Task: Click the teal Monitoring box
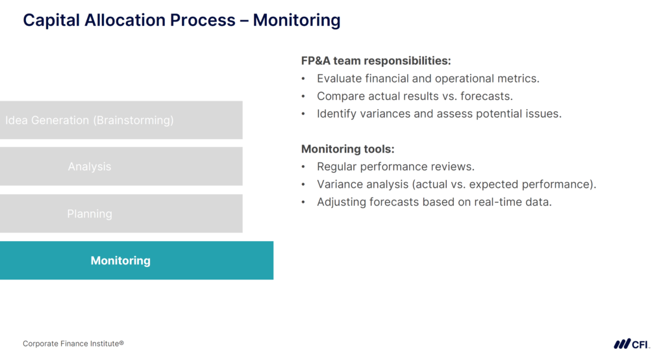tap(136, 261)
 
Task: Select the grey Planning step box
tap(121, 214)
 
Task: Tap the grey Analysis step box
tap(121, 167)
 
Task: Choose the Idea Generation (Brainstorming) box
tap(121, 120)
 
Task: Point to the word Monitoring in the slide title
tap(297, 20)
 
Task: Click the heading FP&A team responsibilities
tap(375, 60)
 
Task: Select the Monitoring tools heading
tap(347, 149)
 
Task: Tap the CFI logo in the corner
tap(632, 344)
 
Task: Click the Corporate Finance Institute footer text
tap(73, 343)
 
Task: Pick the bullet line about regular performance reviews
tap(395, 167)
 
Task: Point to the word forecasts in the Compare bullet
tap(486, 96)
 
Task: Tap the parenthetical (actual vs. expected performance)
tap(504, 185)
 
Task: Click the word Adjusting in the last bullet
tap(341, 202)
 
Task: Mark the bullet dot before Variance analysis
tap(303, 185)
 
